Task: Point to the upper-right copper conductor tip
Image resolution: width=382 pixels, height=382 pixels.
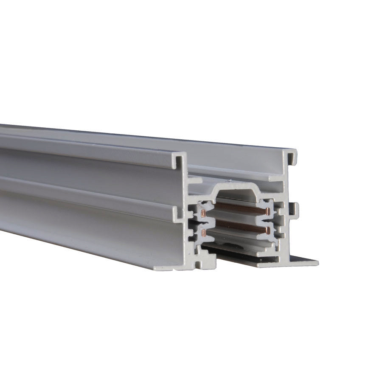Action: pos(267,211)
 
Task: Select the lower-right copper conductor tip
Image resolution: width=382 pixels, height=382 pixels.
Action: pos(268,230)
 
